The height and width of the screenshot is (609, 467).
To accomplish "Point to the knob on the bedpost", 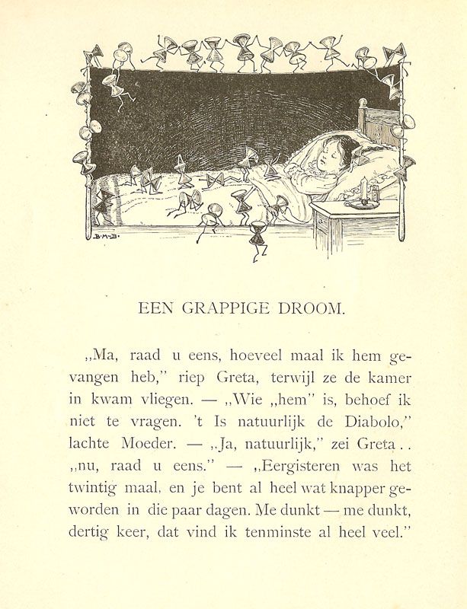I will pos(363,102).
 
